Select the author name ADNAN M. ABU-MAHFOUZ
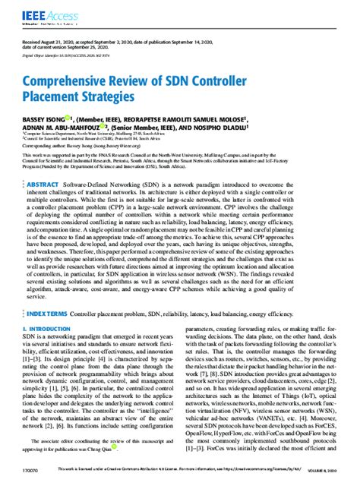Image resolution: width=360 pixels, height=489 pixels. (x=64, y=129)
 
